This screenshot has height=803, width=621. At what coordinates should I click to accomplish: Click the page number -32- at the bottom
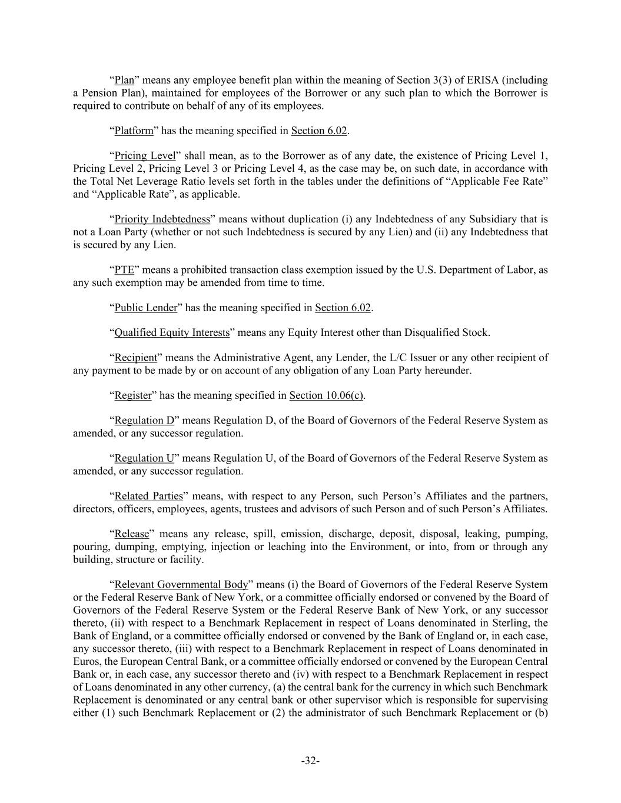point(310,761)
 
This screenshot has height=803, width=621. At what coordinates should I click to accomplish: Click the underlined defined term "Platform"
point(134,131)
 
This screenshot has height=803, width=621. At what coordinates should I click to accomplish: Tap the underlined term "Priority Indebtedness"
point(162,219)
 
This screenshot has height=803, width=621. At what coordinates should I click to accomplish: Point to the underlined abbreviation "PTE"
point(124,270)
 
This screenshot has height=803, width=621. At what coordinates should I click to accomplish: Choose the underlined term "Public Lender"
point(145,308)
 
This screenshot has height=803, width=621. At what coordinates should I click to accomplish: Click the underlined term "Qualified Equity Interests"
point(172,333)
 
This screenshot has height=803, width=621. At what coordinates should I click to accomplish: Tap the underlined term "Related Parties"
point(148,496)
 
